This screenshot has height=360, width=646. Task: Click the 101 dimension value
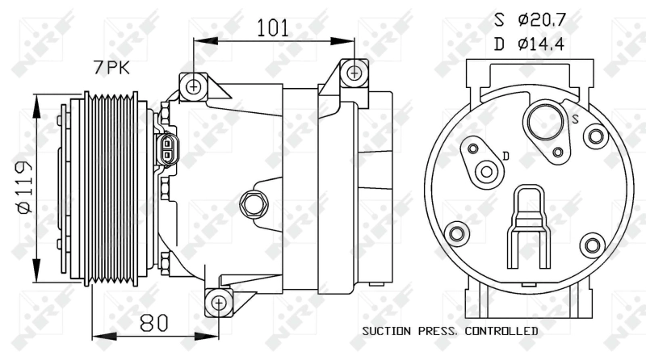[x=273, y=27]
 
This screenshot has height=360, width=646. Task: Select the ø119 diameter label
[x=23, y=187]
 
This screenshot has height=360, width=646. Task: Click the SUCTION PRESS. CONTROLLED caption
[x=450, y=331]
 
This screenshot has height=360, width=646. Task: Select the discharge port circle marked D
[x=486, y=171]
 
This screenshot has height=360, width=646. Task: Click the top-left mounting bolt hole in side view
[x=193, y=86]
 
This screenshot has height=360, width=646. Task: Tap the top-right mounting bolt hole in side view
[x=354, y=73]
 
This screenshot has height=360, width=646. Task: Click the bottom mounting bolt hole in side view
[x=218, y=303]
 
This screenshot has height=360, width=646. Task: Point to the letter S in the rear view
[x=576, y=119]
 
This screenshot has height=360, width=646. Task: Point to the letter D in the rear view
[x=505, y=154]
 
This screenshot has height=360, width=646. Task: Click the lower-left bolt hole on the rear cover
[x=456, y=234]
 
